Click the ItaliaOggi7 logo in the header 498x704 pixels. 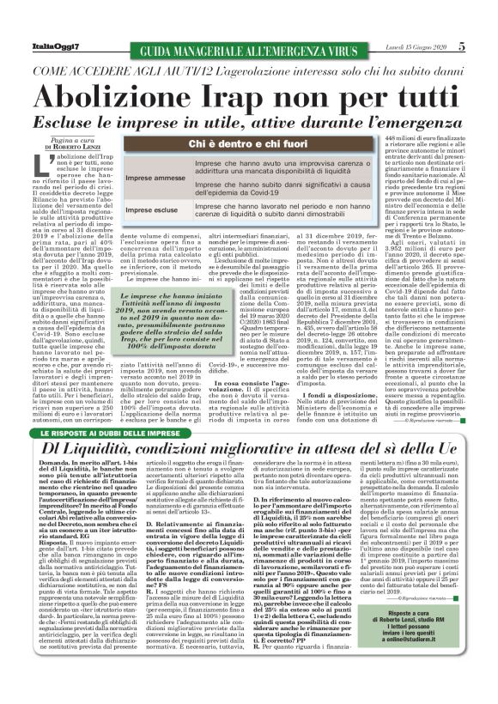click(39, 46)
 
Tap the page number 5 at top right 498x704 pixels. click(485, 46)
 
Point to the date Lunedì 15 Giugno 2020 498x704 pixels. click(424, 46)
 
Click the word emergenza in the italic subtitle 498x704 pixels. click(378, 121)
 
